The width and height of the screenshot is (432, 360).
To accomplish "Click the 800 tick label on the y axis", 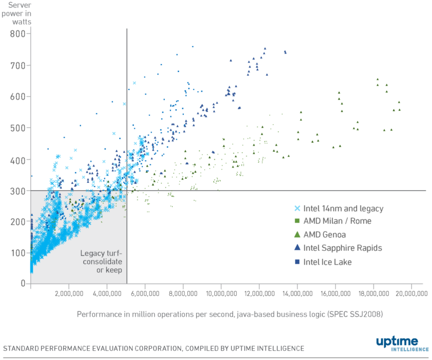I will point(18,34).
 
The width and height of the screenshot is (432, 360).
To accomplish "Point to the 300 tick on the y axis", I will point(18,191).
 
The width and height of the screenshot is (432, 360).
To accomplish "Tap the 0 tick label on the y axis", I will point(23,283).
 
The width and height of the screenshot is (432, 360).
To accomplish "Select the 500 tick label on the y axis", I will point(18,128).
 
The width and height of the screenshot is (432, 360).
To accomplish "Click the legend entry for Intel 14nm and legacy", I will point(343,209).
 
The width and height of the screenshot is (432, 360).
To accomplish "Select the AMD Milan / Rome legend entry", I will point(337,222).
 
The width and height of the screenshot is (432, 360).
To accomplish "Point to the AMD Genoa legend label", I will point(326,235).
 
